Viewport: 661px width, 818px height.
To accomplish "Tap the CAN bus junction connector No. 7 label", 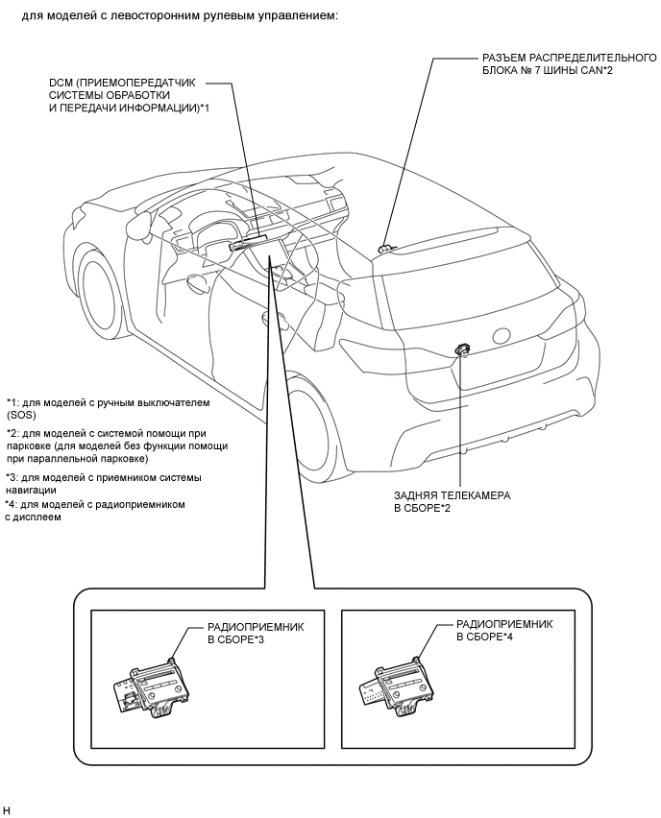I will [563, 64].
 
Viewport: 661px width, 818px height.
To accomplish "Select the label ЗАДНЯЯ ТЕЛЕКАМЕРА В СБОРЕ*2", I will [452, 501].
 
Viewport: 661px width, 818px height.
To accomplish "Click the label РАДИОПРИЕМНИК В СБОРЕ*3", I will [249, 631].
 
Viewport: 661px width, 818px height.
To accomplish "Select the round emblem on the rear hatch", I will [501, 336].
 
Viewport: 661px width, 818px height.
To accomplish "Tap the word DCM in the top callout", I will [61, 83].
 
